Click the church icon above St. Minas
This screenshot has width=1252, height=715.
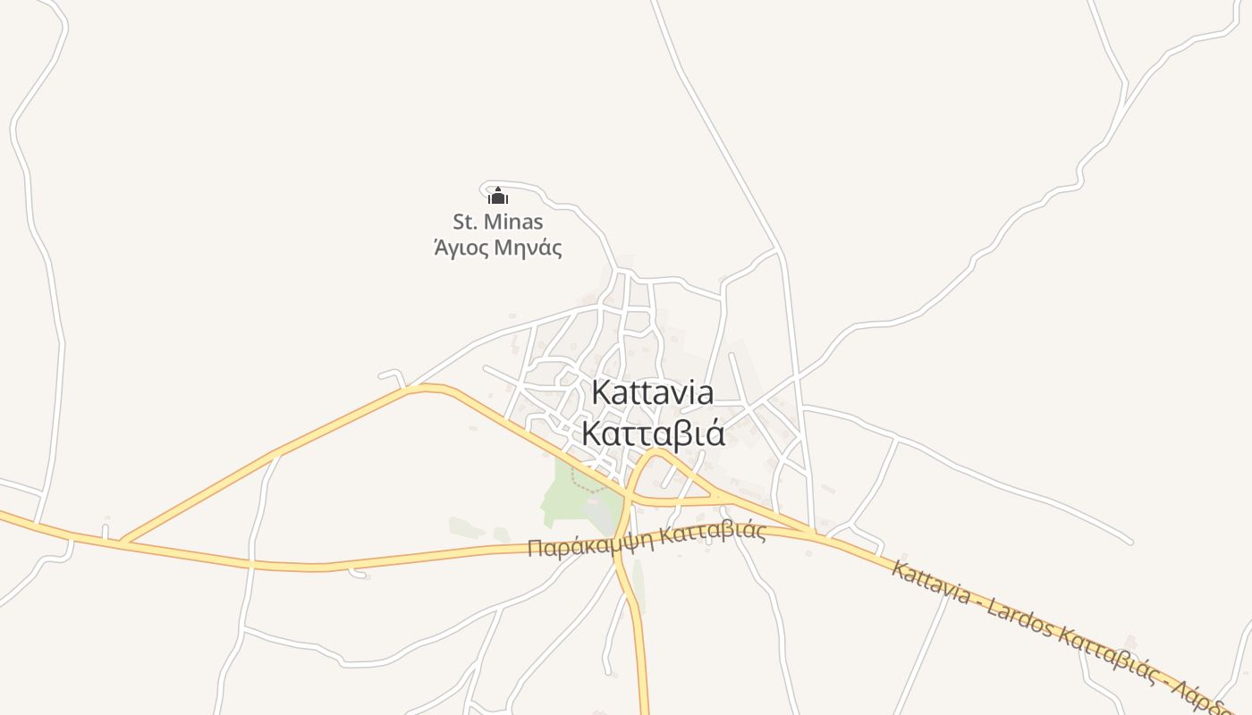(498, 196)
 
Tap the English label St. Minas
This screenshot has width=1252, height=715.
(498, 222)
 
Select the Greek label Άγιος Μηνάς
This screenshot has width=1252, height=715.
(498, 248)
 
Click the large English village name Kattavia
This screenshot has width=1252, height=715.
(653, 393)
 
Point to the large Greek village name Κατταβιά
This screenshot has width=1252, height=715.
(653, 433)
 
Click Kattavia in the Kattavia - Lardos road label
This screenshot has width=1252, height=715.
(930, 582)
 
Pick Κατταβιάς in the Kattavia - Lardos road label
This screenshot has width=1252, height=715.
(1113, 667)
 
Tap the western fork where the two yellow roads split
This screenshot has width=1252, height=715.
(123, 541)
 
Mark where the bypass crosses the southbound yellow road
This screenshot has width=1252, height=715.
(621, 542)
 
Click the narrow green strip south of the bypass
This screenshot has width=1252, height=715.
(638, 585)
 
